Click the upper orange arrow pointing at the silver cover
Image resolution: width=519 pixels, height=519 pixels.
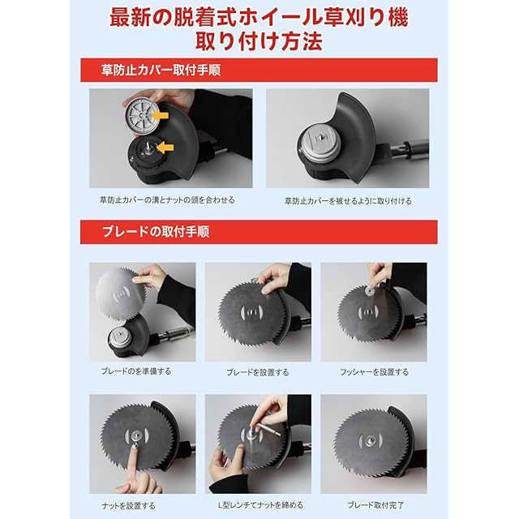click(x=161, y=115)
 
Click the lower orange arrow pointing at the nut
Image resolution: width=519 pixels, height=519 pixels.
click(x=165, y=147)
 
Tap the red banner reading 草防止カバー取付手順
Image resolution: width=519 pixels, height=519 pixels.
click(x=259, y=71)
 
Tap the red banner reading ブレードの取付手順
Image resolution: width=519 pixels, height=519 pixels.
click(x=259, y=232)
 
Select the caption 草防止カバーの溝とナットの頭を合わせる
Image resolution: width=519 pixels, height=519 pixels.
click(x=168, y=200)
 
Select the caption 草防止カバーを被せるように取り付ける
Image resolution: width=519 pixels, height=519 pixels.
click(x=348, y=201)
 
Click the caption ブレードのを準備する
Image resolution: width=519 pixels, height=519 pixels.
click(x=136, y=371)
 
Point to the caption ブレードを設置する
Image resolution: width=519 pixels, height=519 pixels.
click(x=258, y=372)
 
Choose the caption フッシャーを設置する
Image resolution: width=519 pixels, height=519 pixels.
click(x=375, y=372)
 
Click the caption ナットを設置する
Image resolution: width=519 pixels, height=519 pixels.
click(x=128, y=506)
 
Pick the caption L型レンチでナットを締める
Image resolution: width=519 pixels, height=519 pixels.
click(x=260, y=505)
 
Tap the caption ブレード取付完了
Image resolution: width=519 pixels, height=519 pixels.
click(x=375, y=505)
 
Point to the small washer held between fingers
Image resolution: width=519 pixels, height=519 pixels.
click(x=370, y=291)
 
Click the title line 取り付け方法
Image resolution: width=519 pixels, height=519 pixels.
click(x=259, y=41)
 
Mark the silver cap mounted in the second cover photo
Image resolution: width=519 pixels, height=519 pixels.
click(x=318, y=143)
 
